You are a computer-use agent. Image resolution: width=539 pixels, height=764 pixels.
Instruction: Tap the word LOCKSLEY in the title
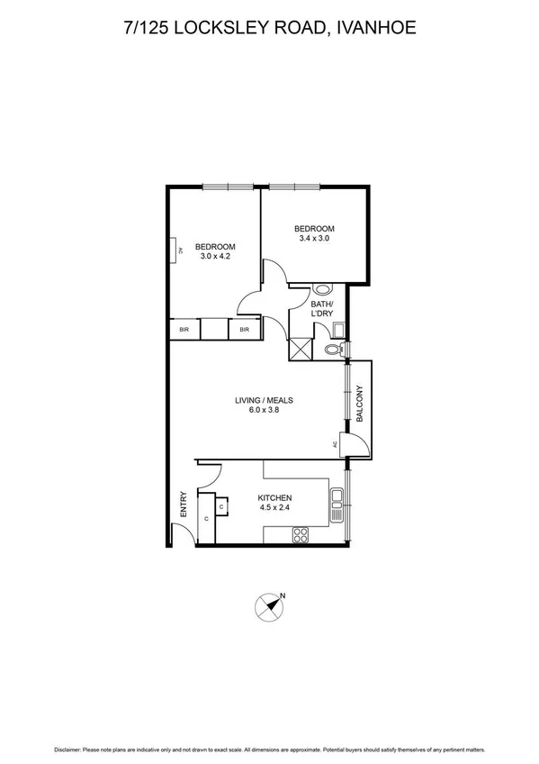pos(238,29)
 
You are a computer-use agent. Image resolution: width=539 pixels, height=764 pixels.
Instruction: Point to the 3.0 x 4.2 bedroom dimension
pos(215,257)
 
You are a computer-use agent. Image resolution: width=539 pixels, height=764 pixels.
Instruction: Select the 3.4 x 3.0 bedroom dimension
pos(316,238)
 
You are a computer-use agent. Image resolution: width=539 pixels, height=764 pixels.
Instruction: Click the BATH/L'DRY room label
pos(321,309)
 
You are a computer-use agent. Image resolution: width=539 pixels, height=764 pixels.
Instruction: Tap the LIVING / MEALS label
pos(265,400)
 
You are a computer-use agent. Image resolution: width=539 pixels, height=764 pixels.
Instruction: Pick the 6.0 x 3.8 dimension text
pos(265,411)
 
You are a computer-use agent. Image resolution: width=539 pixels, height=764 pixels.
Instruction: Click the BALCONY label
pos(359,405)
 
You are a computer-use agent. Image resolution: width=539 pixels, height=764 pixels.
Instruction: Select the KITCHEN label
pos(274,497)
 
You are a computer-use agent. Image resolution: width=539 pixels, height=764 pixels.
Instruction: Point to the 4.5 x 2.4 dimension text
pos(274,508)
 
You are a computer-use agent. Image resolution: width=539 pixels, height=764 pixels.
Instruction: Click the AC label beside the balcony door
pos(335,444)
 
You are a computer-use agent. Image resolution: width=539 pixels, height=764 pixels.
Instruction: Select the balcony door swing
pos(355,441)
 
